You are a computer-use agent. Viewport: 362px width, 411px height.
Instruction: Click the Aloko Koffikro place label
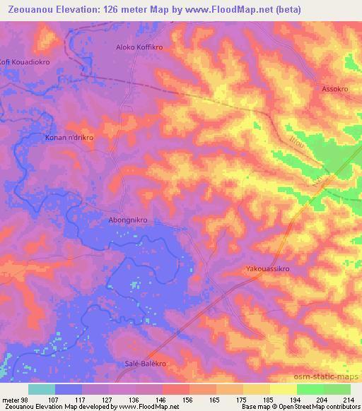(x=139, y=48)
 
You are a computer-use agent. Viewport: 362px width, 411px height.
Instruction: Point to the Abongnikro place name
(x=128, y=220)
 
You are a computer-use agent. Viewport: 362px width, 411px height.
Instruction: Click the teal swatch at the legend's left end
(x=42, y=389)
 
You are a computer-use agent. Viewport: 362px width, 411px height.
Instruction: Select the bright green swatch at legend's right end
(x=337, y=389)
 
